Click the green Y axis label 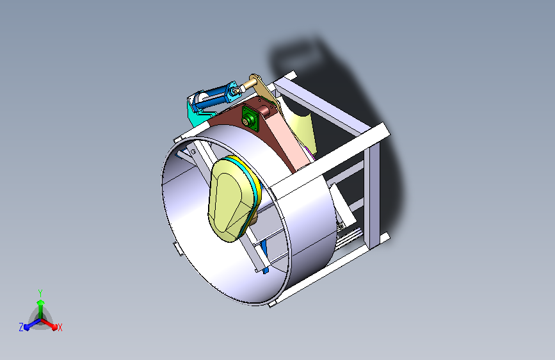coord(40,291)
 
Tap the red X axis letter coord(60,327)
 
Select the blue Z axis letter coord(21,327)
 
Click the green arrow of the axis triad coord(40,304)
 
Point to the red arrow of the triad coord(52,324)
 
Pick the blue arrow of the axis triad coord(29,325)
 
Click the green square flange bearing coord(248,119)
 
